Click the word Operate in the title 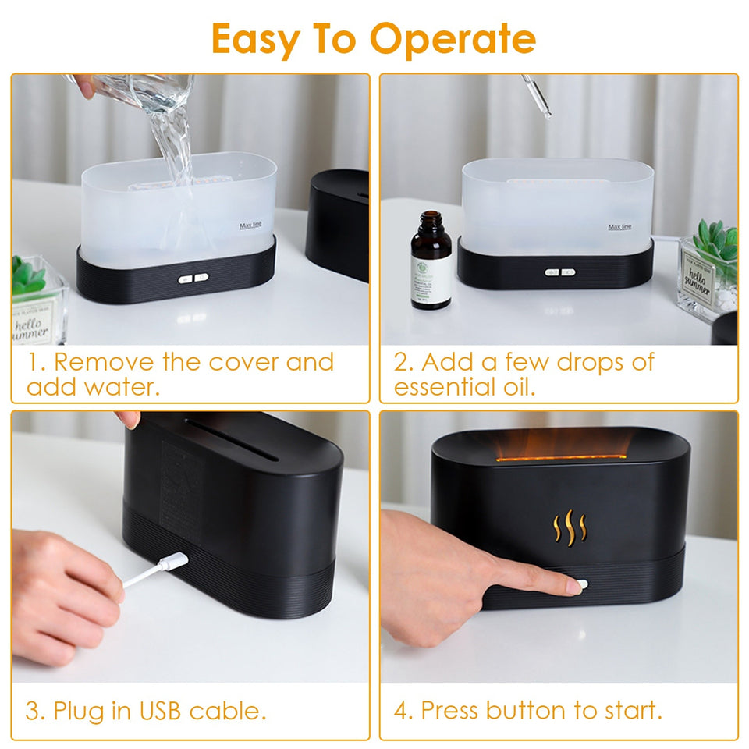(453, 39)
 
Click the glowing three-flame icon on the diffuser (569, 527)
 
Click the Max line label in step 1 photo (250, 226)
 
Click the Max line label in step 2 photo (619, 227)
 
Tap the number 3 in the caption (34, 711)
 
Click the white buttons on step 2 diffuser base (559, 272)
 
